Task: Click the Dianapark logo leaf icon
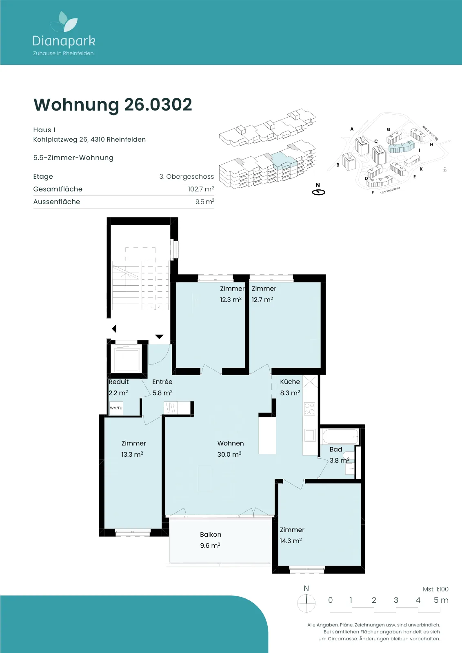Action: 64,22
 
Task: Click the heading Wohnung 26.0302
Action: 113,104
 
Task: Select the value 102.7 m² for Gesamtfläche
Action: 201,189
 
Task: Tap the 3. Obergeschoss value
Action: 187,176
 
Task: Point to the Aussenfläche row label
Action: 57,202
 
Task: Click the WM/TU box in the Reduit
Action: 116,408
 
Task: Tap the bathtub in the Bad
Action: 340,437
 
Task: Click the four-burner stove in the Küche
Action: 309,409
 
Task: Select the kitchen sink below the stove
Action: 310,435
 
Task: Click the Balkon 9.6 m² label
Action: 211,540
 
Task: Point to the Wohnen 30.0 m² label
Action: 230,449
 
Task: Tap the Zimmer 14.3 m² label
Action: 292,535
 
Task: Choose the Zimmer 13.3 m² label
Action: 133,449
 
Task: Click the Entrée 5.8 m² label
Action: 162,387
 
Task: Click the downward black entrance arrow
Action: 159,337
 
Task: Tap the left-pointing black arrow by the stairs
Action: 114,329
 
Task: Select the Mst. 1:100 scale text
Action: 435,589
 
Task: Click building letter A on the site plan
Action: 352,129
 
